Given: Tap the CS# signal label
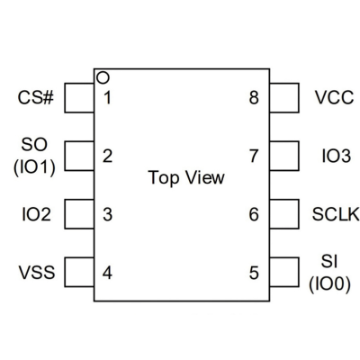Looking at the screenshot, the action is pyautogui.click(x=36, y=98).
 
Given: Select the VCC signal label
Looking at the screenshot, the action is pyautogui.click(x=334, y=97).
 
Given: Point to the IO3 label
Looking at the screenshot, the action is pyautogui.click(x=336, y=156).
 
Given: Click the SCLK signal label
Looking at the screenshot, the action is pyautogui.click(x=336, y=214).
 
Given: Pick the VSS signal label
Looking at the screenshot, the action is pyautogui.click(x=37, y=273).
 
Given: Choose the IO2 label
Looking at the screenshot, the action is pyautogui.click(x=36, y=214).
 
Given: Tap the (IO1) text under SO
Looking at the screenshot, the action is pyautogui.click(x=34, y=167).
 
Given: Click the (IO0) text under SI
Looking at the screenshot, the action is pyautogui.click(x=329, y=284).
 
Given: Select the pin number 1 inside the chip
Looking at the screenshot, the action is pyautogui.click(x=107, y=98).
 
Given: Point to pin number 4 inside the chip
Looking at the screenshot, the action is pyautogui.click(x=107, y=273).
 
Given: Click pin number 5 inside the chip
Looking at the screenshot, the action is pyautogui.click(x=254, y=273).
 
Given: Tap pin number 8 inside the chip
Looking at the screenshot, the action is pyautogui.click(x=254, y=98).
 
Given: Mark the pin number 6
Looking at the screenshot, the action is pyautogui.click(x=254, y=214).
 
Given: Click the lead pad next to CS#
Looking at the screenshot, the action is pyautogui.click(x=79, y=98).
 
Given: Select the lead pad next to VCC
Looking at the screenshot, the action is pyautogui.click(x=284, y=98).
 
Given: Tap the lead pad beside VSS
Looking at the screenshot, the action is pyautogui.click(x=79, y=273).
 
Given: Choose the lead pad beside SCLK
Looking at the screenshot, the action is pyautogui.click(x=284, y=214).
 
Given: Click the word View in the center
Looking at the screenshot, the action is pyautogui.click(x=205, y=177).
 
